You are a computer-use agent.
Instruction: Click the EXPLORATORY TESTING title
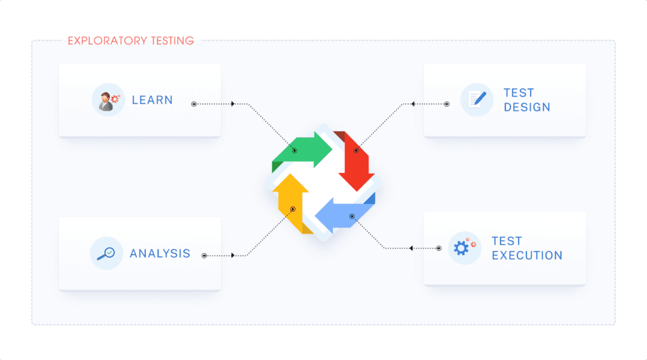(131, 41)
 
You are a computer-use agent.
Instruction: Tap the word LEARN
(152, 100)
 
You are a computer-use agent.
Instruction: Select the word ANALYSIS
(160, 253)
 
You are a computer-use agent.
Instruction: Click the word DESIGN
(527, 107)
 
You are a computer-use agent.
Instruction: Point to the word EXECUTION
(527, 256)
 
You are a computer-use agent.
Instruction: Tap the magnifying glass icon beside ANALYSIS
(106, 253)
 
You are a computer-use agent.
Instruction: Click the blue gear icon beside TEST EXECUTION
(464, 248)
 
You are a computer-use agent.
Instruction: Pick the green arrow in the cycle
(303, 152)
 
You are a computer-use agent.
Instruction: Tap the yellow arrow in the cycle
(292, 202)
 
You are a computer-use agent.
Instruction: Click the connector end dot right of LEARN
(194, 104)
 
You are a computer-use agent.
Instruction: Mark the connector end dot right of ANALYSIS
(204, 256)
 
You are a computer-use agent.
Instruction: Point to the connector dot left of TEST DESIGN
(447, 104)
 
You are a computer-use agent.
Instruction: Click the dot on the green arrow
(294, 150)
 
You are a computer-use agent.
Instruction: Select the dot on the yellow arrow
(293, 209)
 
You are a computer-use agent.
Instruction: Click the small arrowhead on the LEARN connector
(234, 104)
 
